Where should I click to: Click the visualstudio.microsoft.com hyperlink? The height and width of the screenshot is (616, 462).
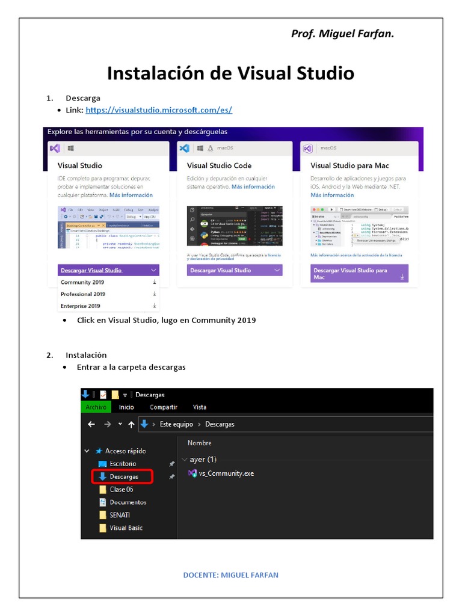pos(158,110)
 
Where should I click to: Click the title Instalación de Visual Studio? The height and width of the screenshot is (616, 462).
pos(230,73)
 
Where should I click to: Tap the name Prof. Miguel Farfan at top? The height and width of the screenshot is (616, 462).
pos(342,34)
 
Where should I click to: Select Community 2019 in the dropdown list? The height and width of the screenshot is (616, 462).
pos(83,282)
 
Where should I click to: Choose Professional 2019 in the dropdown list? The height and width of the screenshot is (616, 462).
pos(83,294)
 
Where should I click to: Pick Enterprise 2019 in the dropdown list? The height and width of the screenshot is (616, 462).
pos(81,306)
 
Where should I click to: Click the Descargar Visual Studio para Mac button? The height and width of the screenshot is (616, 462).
pos(359,274)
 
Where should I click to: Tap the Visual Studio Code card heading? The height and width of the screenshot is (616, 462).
pos(219,165)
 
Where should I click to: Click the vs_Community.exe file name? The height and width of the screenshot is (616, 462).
pos(226,473)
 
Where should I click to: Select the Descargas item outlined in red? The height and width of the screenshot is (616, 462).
pos(123,476)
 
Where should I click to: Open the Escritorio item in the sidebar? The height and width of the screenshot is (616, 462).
pos(123,464)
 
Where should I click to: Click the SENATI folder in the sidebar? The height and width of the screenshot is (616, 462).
pos(120,515)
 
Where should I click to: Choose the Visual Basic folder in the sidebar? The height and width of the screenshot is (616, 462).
pos(126,528)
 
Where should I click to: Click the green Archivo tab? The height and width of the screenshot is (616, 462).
pos(96,407)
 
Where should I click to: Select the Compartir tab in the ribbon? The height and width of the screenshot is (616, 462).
pos(164,407)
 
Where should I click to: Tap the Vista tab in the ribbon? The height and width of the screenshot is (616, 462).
pos(199,407)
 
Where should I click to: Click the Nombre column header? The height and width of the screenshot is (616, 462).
pos(199,443)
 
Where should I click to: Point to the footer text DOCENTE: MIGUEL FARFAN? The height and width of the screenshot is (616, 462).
pos(230,575)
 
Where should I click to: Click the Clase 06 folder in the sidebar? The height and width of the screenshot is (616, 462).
pos(121,490)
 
